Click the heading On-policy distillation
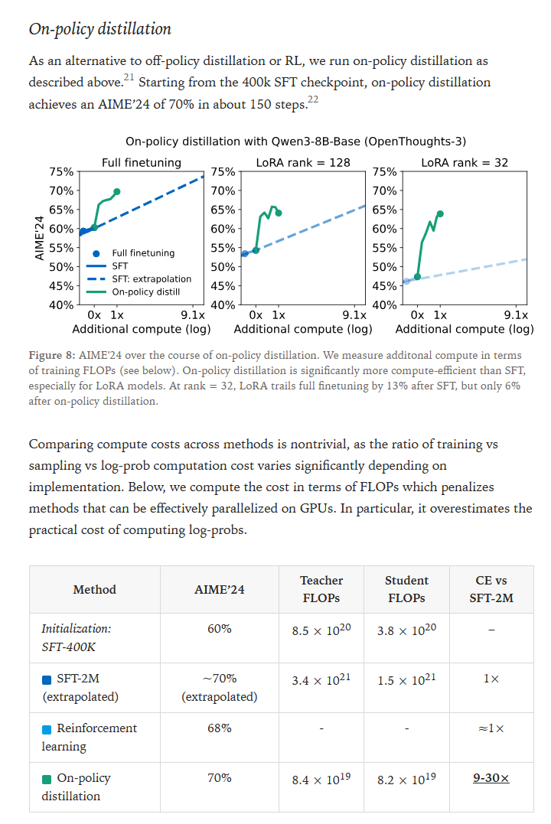coord(99,29)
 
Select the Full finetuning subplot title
coord(142,162)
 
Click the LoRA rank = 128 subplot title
coord(303,162)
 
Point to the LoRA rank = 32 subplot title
coord(465,162)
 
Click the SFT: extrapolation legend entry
coord(152,278)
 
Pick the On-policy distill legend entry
coord(145,291)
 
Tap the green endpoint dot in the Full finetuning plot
coord(117,191)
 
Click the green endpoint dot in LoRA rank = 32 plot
coord(440,213)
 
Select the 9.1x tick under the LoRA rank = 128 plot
coord(354,314)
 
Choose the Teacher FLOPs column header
coord(321,589)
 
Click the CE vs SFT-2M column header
coord(491,589)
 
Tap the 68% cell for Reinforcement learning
coord(219,728)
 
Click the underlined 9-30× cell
coord(491,778)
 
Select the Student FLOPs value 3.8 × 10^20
coord(406,631)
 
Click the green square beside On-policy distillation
coord(47,779)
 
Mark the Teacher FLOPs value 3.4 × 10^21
coord(321,679)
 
